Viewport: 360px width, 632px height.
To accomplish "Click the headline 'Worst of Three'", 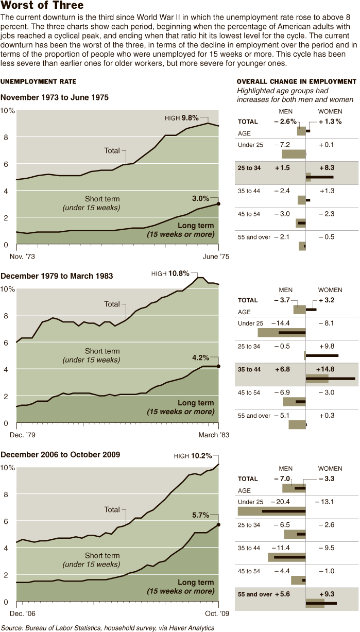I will pos(42,6).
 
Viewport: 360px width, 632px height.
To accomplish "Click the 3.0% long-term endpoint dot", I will pos(219,204).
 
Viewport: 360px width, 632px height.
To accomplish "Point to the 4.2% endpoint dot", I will pos(219,366).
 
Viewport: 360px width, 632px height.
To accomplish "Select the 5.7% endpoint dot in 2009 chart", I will pos(219,525).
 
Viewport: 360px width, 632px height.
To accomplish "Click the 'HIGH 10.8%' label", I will pos(170,274).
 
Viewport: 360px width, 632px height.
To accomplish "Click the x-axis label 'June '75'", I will pos(217,256).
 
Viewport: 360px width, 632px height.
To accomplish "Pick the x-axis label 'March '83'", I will pos(215,435).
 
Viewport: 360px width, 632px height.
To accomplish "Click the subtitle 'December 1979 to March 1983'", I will pos(57,276).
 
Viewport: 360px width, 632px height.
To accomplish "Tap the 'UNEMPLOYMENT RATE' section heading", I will pos(39,82).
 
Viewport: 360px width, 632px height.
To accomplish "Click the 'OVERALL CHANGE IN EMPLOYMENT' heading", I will pos(296,82).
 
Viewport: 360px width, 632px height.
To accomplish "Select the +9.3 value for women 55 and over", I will pos(327,594).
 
